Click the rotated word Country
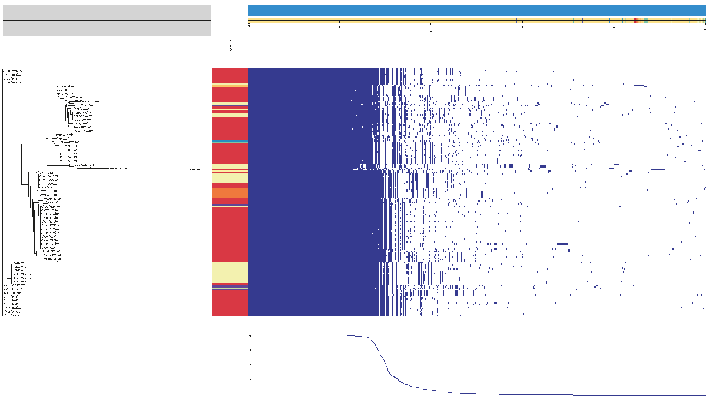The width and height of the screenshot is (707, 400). [x=230, y=45]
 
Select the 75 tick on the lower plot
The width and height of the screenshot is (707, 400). [x=250, y=350]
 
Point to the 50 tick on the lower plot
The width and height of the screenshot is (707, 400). [x=250, y=365]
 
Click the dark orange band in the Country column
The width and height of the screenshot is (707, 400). [x=230, y=193]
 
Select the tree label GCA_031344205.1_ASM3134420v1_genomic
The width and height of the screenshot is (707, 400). [x=64, y=85]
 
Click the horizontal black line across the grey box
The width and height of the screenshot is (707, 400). [x=107, y=21]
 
